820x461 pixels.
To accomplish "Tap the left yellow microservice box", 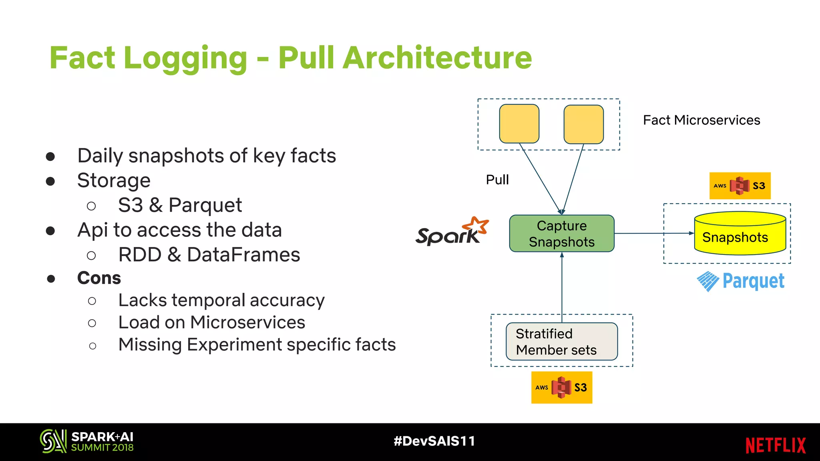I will click(x=519, y=124).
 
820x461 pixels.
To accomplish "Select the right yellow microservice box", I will click(x=583, y=124).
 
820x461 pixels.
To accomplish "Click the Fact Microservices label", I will click(x=701, y=120).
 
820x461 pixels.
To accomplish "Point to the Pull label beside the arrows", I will click(x=497, y=180).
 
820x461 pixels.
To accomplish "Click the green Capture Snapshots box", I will click(x=561, y=234).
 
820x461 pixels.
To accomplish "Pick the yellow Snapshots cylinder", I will click(x=740, y=234).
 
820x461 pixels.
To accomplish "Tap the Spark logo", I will click(x=452, y=232).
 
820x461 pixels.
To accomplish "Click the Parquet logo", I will click(x=740, y=281).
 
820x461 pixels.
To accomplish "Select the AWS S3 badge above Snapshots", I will click(x=740, y=186).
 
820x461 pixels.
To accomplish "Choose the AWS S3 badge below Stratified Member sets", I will click(x=561, y=387).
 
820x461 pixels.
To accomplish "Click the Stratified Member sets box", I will click(x=561, y=341).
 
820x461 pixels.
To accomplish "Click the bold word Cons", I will click(x=99, y=278).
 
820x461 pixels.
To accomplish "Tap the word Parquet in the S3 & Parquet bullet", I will click(x=205, y=205).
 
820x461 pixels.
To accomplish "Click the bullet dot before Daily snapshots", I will click(x=50, y=156).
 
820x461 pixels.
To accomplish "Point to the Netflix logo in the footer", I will click(x=775, y=445).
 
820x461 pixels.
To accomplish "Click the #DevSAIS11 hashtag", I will click(x=434, y=441).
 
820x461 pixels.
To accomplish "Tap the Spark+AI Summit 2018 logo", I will click(x=86, y=441).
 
